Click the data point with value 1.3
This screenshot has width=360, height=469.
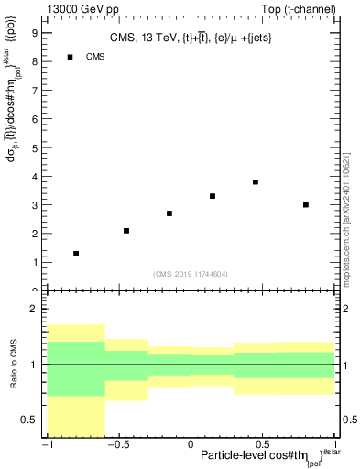pyautogui.click(x=76, y=253)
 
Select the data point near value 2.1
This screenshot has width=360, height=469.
pyautogui.click(x=126, y=230)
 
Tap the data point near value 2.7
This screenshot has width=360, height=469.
pyautogui.click(x=169, y=213)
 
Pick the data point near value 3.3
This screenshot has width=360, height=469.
pyautogui.click(x=213, y=196)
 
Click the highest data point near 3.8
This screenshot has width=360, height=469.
pyautogui.click(x=256, y=181)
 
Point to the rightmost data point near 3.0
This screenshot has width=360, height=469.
pyautogui.click(x=306, y=204)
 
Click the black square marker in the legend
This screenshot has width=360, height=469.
pyautogui.click(x=70, y=57)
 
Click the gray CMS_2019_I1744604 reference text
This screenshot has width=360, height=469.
pyautogui.click(x=191, y=273)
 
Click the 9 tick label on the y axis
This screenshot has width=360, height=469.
pyautogui.click(x=35, y=32)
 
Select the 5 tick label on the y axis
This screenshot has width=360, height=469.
pyautogui.click(x=35, y=147)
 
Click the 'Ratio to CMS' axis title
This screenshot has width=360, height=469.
pyautogui.click(x=12, y=364)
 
